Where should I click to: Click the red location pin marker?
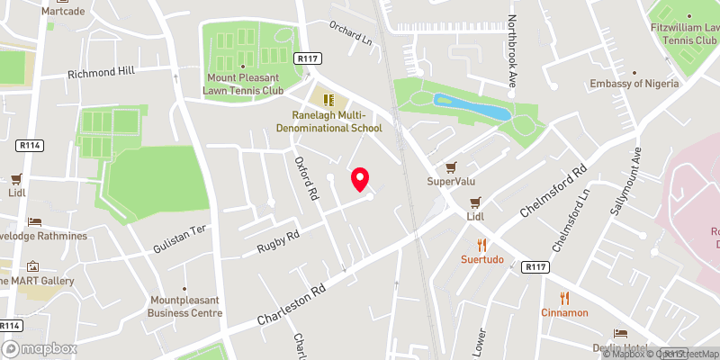pyautogui.click(x=361, y=179)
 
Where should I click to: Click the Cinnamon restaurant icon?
pyautogui.click(x=564, y=297)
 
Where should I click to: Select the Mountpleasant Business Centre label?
pyautogui.click(x=185, y=307)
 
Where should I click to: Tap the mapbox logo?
pyautogui.click(x=40, y=348)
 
